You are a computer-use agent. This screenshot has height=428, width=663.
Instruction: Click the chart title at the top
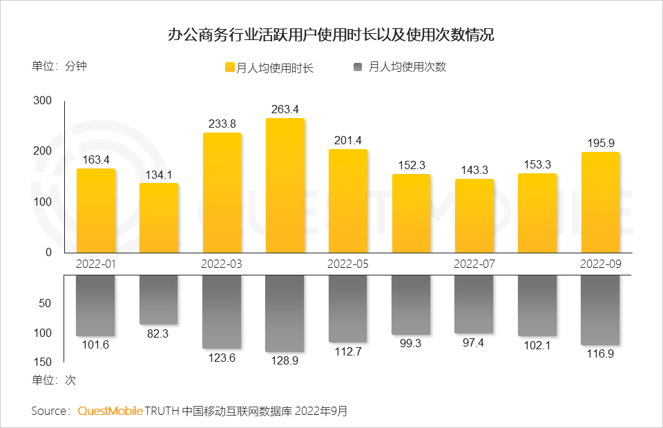(x=331, y=35)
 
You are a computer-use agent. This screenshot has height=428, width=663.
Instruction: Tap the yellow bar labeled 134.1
(x=159, y=217)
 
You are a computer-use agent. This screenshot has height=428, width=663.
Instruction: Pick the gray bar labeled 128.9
(x=285, y=313)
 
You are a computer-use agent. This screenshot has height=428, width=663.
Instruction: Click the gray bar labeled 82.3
(x=159, y=300)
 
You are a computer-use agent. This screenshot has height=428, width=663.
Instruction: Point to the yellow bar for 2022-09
(x=600, y=202)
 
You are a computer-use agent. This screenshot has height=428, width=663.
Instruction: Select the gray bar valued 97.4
(x=474, y=304)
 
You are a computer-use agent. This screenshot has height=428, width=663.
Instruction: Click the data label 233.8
(x=222, y=124)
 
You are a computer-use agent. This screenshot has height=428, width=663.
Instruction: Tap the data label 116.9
(x=600, y=353)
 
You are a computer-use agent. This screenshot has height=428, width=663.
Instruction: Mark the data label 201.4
(x=348, y=141)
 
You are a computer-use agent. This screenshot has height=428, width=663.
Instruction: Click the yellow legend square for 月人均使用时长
(x=230, y=67)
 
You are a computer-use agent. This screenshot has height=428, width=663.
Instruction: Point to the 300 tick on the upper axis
(x=43, y=101)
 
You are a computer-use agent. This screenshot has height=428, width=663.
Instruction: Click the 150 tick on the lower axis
(x=43, y=362)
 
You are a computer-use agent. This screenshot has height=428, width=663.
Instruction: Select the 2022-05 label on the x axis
(x=348, y=264)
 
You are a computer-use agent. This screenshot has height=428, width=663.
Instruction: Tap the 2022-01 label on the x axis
(x=96, y=264)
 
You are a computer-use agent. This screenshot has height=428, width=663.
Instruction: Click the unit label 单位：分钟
(x=59, y=67)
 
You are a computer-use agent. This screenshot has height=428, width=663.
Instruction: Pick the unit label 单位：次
(x=53, y=380)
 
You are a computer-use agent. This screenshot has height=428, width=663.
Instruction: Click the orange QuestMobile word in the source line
(x=110, y=411)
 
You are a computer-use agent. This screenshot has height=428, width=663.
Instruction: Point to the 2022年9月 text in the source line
(x=322, y=411)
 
